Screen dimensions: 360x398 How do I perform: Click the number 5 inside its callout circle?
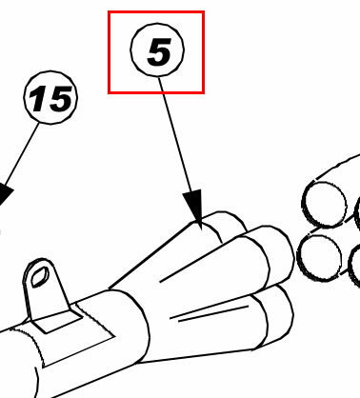pos(159,51)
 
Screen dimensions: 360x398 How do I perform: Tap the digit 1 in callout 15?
pos(37,99)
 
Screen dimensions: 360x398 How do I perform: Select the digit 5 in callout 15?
pos(59,99)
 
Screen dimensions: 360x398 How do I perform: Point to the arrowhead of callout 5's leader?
pos(194,208)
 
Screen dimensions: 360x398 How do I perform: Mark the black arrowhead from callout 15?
pos(4,193)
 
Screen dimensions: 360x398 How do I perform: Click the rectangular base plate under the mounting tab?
pos(58,322)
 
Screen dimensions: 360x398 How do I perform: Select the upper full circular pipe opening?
pos(324,205)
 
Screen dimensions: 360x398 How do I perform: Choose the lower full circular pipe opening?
pos(319,257)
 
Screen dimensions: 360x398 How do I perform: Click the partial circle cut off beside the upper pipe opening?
pos(356,213)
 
